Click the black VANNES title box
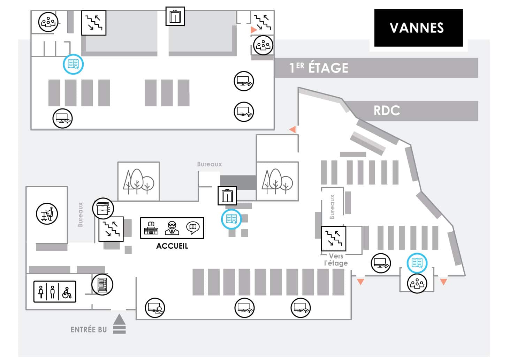(418, 28)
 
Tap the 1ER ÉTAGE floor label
(319, 68)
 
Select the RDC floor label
(387, 111)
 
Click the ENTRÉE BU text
(89, 330)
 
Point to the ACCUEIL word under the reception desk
(172, 246)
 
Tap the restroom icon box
(55, 292)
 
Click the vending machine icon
(102, 285)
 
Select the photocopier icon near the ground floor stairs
(103, 209)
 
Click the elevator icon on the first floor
(175, 16)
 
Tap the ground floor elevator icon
(227, 196)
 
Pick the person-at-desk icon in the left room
(47, 214)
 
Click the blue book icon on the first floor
(73, 64)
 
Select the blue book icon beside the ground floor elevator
(231, 219)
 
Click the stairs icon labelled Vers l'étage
(334, 239)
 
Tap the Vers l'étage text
(336, 260)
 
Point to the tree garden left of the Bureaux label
(139, 181)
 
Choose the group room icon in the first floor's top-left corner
(48, 22)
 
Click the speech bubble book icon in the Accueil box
(193, 228)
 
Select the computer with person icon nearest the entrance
(155, 308)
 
